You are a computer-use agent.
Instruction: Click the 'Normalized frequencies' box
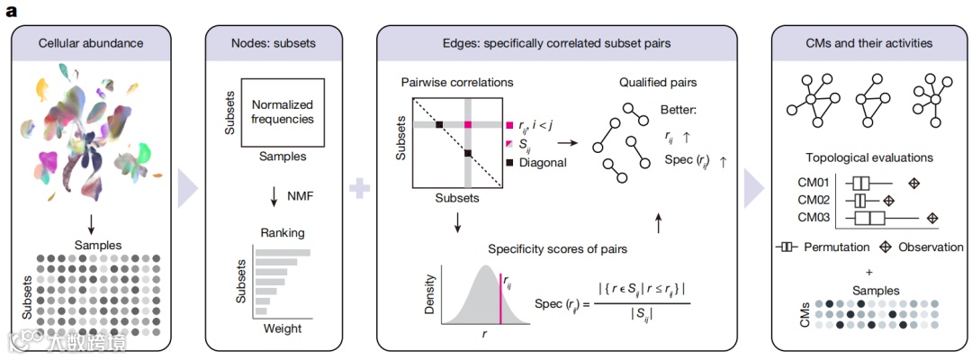click(282, 112)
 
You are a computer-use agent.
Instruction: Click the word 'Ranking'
click(282, 231)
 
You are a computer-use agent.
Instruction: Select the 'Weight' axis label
click(282, 329)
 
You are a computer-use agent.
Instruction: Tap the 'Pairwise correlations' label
click(456, 82)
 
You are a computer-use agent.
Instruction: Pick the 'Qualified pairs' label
click(659, 82)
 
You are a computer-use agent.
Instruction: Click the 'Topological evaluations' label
click(868, 157)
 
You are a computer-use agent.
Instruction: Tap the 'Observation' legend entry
click(922, 247)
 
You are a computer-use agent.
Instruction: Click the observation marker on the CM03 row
click(932, 218)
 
